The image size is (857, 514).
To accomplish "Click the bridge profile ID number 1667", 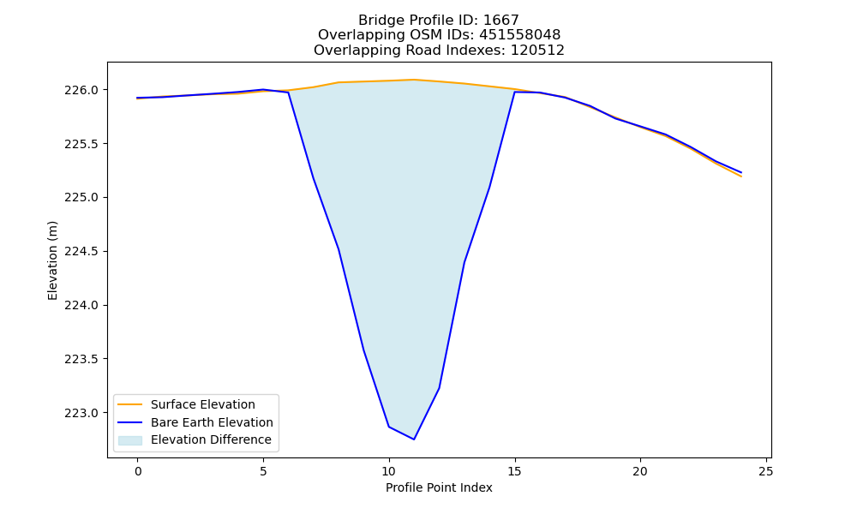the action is pyautogui.click(x=500, y=21).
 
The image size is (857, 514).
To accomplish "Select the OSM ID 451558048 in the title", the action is pyautogui.click(x=520, y=35).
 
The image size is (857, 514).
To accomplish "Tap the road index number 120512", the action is pyautogui.click(x=537, y=51).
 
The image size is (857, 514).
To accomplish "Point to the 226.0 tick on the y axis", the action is pyautogui.click(x=82, y=90).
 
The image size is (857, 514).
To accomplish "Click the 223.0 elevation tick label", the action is pyautogui.click(x=82, y=414).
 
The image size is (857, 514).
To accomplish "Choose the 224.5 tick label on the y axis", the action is pyautogui.click(x=82, y=252).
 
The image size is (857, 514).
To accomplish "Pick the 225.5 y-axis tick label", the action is pyautogui.click(x=82, y=144).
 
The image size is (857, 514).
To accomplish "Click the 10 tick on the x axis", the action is pyautogui.click(x=388, y=471).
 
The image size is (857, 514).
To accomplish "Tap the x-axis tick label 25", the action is pyautogui.click(x=766, y=471).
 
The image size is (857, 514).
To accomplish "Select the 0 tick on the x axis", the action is pyautogui.click(x=138, y=471).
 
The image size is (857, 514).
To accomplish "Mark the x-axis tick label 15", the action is pyautogui.click(x=514, y=471).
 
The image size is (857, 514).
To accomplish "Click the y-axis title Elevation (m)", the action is pyautogui.click(x=52, y=260).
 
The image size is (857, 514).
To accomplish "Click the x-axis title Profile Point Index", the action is pyautogui.click(x=439, y=487).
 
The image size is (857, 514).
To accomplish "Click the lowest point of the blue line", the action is pyautogui.click(x=414, y=439).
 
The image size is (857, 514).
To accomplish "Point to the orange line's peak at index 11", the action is pyautogui.click(x=414, y=80).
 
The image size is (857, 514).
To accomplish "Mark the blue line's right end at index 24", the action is pyautogui.click(x=741, y=172).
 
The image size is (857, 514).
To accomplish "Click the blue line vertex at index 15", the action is pyautogui.click(x=514, y=92).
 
